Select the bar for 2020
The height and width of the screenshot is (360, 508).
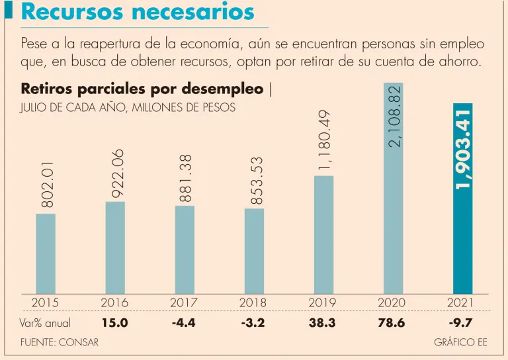(393, 199)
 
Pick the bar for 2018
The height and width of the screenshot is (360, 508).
(254, 251)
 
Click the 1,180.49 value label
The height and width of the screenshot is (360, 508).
(323, 141)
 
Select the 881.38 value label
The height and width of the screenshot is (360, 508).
(185, 177)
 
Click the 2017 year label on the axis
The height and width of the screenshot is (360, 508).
(184, 302)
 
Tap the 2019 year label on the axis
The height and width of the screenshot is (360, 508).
(323, 302)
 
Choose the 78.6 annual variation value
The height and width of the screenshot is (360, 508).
(392, 324)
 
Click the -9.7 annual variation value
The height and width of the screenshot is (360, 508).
(462, 324)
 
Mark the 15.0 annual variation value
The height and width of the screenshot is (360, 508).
(114, 324)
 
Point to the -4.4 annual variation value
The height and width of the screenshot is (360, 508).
(184, 324)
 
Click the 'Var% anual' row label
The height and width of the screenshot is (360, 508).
(46, 324)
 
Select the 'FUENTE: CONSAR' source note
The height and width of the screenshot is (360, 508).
(60, 342)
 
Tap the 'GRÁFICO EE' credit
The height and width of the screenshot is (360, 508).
(461, 342)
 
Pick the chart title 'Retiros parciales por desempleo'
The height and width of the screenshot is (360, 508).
(142, 89)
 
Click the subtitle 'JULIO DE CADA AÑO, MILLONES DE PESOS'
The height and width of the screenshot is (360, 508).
(128, 107)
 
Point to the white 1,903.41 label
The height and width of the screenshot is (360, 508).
(462, 149)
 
